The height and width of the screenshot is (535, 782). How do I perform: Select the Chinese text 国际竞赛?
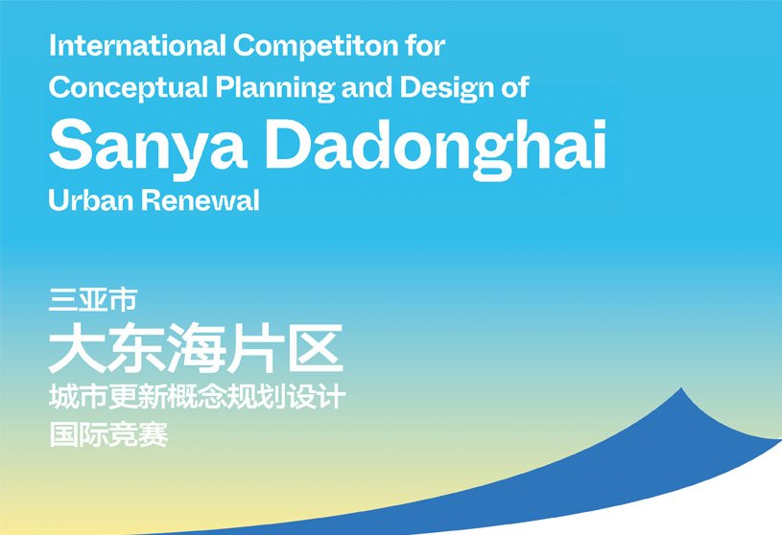[x=108, y=436]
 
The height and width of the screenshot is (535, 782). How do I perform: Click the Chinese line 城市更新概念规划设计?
[x=196, y=396]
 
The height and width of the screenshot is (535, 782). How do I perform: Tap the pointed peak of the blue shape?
[x=681, y=389]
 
